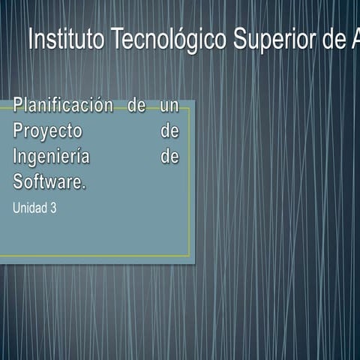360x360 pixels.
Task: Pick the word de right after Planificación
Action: click(136, 106)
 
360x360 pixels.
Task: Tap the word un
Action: click(169, 106)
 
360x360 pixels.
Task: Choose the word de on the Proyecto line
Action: click(170, 132)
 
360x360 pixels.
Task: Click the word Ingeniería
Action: click(51, 157)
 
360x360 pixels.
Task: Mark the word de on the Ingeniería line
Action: click(170, 157)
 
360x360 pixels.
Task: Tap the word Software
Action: click(48, 182)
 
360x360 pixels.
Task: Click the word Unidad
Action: click(29, 208)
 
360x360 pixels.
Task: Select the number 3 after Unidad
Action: click(53, 208)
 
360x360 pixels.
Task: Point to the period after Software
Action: click(85, 187)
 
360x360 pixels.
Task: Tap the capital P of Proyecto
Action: click(18, 132)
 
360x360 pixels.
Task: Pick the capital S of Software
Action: click(18, 182)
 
